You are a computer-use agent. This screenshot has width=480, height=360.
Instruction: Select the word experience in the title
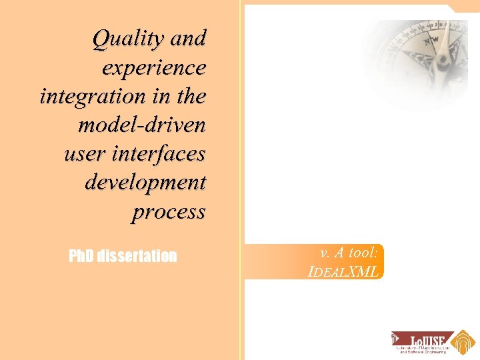tap(154, 68)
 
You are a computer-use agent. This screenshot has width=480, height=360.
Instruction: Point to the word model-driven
tap(141, 125)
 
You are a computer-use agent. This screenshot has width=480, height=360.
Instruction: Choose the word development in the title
tap(145, 183)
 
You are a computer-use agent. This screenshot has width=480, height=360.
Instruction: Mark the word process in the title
tap(168, 212)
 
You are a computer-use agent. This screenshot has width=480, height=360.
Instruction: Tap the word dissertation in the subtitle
tap(137, 256)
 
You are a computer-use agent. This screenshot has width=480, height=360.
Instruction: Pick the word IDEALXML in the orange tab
tap(344, 271)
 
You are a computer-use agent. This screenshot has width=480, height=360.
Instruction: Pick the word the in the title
tap(191, 97)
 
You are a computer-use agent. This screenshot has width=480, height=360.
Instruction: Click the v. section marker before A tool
tap(325, 253)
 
